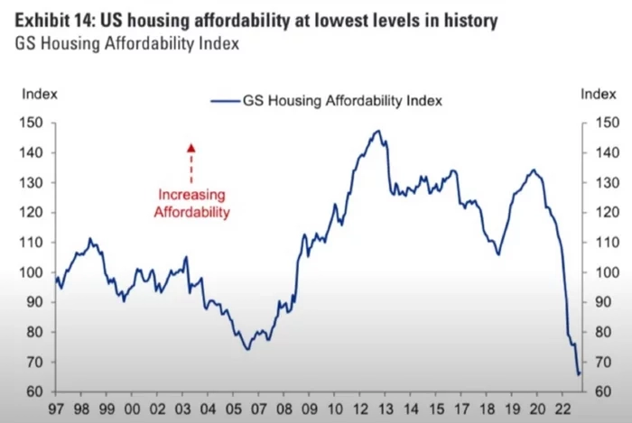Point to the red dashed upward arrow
[191, 161]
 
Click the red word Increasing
[191, 195]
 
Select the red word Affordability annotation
[191, 213]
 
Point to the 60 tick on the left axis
[36, 392]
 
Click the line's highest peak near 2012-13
[377, 131]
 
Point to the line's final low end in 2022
[579, 373]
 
